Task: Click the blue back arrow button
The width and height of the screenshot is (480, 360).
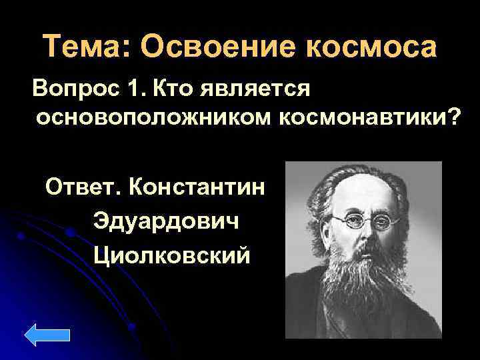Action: point(51,336)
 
